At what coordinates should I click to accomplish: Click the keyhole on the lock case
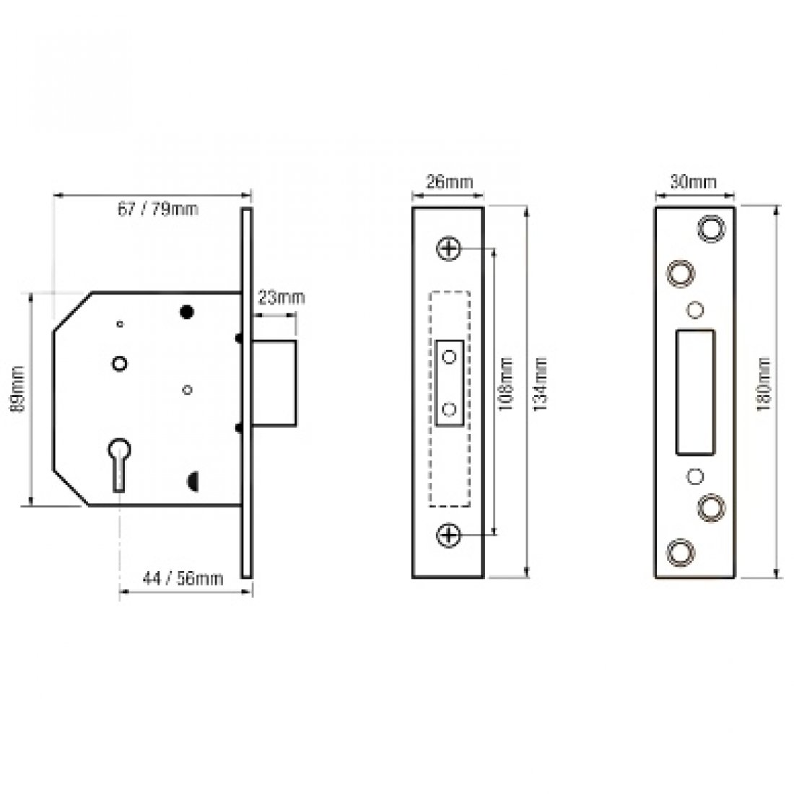click(x=118, y=459)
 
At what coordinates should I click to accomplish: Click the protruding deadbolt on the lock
click(x=275, y=384)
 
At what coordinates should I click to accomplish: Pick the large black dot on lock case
click(x=187, y=312)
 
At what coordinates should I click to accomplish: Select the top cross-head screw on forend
click(x=449, y=249)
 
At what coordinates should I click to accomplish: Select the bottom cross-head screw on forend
click(x=449, y=535)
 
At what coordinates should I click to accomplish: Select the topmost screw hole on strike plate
click(x=710, y=226)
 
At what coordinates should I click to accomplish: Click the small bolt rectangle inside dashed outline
click(x=450, y=383)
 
